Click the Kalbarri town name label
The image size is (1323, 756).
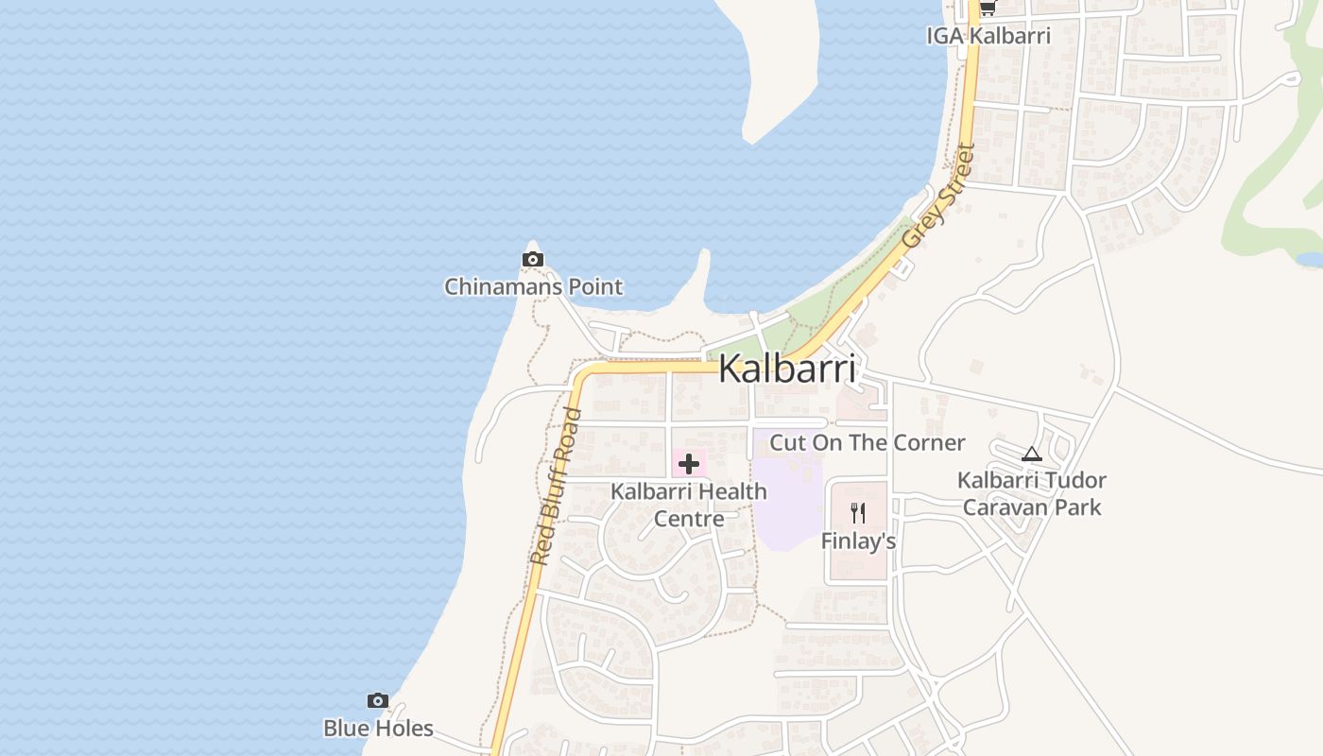tap(787, 369)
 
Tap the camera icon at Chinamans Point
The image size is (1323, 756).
tap(533, 259)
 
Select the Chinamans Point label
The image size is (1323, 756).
tap(534, 286)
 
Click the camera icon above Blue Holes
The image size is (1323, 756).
tap(378, 700)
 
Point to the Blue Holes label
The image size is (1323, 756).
tap(378, 729)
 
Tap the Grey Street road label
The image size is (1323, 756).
tap(937, 196)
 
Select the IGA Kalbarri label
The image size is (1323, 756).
tap(988, 36)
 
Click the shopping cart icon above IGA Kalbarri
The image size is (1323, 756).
tap(988, 9)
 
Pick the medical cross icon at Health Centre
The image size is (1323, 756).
tap(689, 464)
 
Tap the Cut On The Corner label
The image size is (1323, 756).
tap(868, 442)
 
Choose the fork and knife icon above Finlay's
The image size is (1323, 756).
tap(858, 513)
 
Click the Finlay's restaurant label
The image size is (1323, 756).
tap(858, 541)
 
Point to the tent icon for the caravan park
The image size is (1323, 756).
tap(1031, 454)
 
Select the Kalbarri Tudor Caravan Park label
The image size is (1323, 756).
tap(1032, 493)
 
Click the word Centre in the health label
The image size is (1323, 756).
tap(689, 518)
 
